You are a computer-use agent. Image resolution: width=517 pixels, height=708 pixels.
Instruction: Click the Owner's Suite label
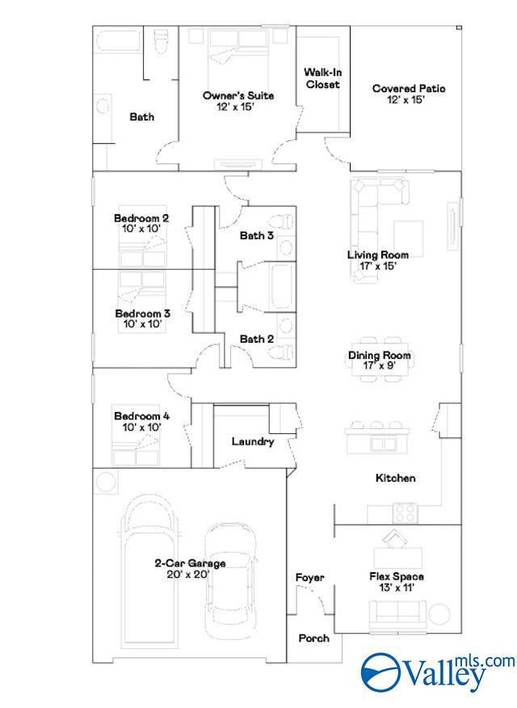238,95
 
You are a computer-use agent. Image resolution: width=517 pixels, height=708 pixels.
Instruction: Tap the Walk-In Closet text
322,78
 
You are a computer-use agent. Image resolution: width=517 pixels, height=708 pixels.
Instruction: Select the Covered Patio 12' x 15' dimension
406,100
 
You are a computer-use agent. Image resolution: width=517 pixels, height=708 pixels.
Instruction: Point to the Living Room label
378,255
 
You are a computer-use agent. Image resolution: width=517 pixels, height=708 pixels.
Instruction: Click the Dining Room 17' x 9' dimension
380,366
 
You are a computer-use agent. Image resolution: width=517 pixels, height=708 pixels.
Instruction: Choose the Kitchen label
396,478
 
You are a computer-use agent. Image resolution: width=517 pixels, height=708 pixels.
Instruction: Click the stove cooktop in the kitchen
405,513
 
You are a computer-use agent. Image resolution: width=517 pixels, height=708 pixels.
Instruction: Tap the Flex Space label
397,576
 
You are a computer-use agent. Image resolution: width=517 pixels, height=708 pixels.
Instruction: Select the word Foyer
310,578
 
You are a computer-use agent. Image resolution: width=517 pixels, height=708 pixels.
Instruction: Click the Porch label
314,638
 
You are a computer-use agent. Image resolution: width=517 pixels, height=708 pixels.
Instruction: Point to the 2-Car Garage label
190,563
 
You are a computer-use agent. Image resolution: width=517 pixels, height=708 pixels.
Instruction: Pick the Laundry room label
253,441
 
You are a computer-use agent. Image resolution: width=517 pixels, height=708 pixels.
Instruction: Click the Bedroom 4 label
141,416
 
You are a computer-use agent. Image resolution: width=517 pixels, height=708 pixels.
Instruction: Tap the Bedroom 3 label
142,314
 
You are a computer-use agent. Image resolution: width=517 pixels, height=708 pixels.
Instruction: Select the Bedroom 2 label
141,218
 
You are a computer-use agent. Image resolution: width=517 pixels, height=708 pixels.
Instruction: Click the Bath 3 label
257,235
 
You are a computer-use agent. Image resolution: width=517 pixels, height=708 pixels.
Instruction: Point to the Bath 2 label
257,339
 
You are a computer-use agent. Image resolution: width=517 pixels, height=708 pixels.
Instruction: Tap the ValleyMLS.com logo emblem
380,672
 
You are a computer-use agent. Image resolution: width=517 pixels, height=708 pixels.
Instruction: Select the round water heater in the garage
106,482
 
